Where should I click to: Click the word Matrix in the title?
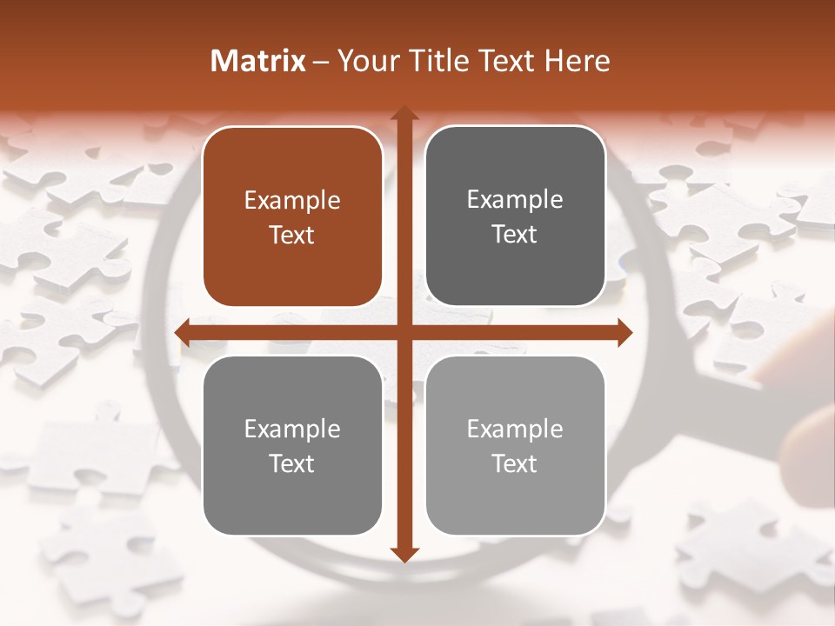[x=258, y=61]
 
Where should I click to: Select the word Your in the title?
[x=367, y=61]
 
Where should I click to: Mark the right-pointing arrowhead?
[x=624, y=332]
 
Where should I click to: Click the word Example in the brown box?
[x=292, y=201]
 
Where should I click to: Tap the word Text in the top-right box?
[x=515, y=235]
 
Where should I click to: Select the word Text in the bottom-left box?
[x=292, y=463]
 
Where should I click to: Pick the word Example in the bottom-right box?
[x=515, y=429]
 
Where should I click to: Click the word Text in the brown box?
[x=292, y=236]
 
